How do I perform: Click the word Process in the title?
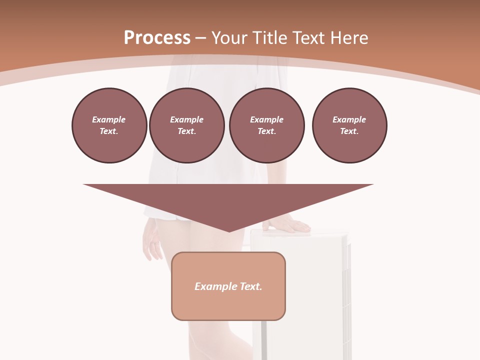pos(157,37)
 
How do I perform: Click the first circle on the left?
pos(109,125)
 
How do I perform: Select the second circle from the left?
pos(186,125)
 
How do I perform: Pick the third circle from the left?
pos(266,125)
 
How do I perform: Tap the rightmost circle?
pos(349,125)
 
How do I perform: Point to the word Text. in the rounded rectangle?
pos(251,286)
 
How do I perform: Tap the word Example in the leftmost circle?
pos(109,119)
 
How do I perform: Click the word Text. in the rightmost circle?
pos(349,131)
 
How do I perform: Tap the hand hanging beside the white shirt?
pos(152,240)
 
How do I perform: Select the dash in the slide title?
pos(200,37)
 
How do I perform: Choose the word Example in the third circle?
pos(266,119)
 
